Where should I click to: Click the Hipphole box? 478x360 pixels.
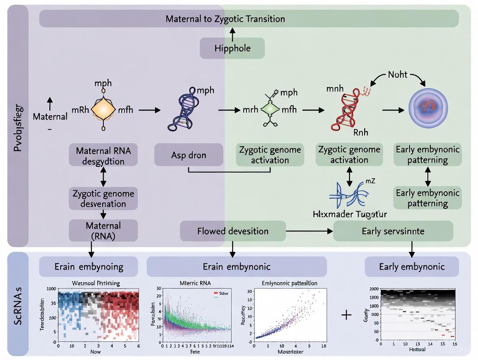tap(232, 48)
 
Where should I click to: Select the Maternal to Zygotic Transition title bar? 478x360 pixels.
tap(249, 19)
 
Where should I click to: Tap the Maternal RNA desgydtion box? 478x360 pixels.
tap(103, 156)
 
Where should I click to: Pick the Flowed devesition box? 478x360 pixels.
tap(233, 231)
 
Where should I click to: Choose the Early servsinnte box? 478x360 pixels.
tap(393, 231)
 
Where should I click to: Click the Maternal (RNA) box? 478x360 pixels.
tap(103, 230)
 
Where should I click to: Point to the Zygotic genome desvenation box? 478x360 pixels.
tap(103, 198)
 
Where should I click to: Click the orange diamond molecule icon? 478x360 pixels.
tap(103, 110)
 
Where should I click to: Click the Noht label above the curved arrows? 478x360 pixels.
tap(397, 74)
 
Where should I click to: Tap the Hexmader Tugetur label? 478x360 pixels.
tap(349, 214)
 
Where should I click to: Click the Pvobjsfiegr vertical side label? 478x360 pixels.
tap(18, 125)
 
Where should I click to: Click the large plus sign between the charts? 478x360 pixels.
tap(346, 315)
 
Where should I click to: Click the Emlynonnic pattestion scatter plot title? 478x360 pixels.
tap(290, 283)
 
